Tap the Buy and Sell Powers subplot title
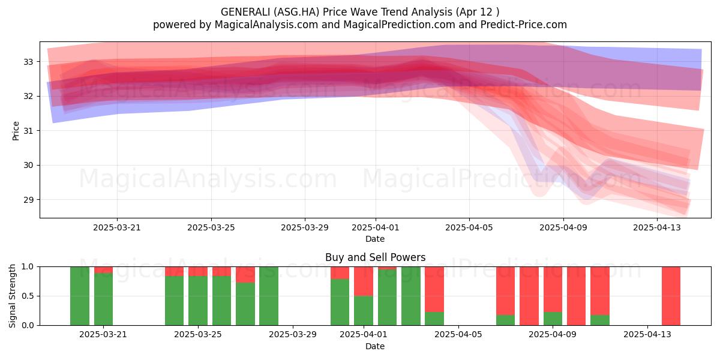375,257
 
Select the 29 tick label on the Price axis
28,200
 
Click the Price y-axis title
16,131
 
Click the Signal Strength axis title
12,296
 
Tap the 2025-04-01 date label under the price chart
375,227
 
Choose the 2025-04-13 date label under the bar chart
647,335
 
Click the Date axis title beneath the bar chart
375,346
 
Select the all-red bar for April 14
671,296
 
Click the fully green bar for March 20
80,296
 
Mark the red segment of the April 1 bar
364,281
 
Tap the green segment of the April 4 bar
434,319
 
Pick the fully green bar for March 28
269,296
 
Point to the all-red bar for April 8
529,296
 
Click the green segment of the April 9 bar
553,319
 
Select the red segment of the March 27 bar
245,275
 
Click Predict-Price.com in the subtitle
524,25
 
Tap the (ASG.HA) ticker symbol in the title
296,12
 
